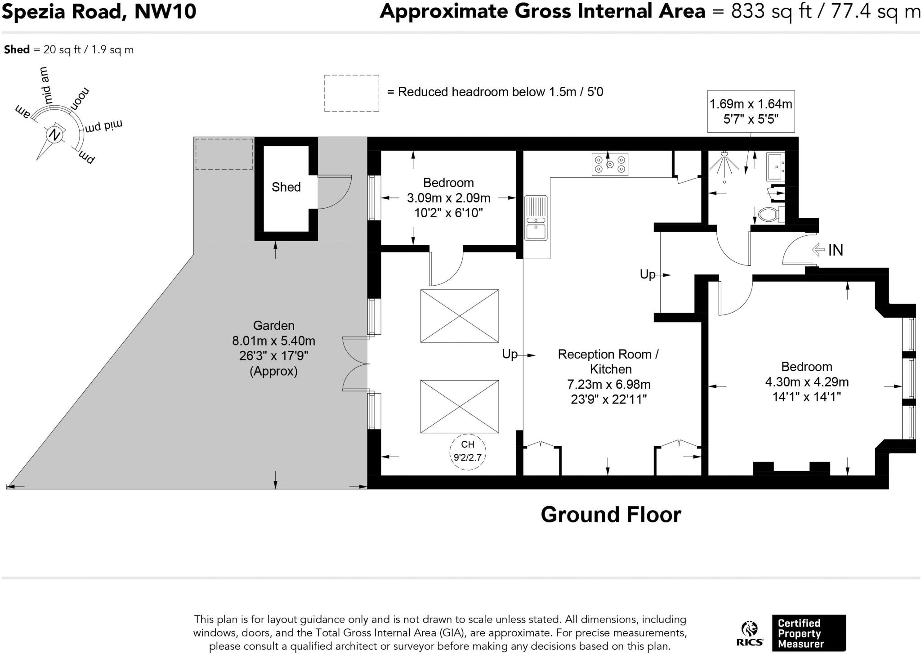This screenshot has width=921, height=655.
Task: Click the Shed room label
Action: (x=286, y=187)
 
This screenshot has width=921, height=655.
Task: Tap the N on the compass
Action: (x=55, y=135)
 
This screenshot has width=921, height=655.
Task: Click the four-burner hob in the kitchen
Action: (x=610, y=164)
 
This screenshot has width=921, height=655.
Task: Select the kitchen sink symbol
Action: (x=536, y=218)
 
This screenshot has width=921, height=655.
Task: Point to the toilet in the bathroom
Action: (x=771, y=215)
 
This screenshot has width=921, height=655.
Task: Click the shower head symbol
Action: (x=724, y=164)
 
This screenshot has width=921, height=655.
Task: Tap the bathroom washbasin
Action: (x=775, y=167)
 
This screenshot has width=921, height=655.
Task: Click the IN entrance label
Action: (x=836, y=250)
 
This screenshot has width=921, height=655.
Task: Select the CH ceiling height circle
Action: (x=468, y=452)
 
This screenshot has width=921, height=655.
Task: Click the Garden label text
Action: (x=274, y=326)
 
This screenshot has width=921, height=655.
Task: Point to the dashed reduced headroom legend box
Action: (x=352, y=93)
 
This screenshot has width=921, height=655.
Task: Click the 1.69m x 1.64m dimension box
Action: (x=751, y=112)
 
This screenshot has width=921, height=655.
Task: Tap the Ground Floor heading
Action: (x=611, y=515)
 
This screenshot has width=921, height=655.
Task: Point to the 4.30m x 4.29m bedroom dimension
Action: (x=807, y=382)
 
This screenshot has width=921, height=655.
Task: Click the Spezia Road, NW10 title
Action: (x=99, y=12)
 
